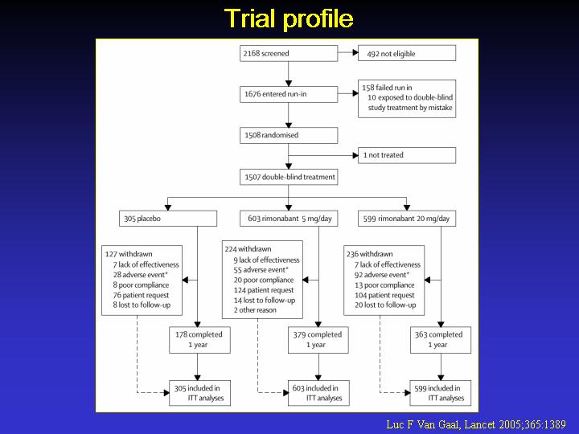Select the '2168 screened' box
point(289,53)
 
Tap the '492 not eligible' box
point(407,53)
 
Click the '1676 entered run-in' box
point(289,94)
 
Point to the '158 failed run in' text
point(387,88)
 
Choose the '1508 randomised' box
point(289,135)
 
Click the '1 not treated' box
point(407,155)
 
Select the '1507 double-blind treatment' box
point(289,177)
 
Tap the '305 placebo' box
point(168,219)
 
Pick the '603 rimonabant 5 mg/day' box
point(289,219)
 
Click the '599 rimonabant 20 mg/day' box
point(407,219)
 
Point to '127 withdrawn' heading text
point(129,254)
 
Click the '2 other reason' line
point(255,310)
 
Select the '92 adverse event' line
point(382,275)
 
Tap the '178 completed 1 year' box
point(199,340)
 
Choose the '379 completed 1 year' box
point(318,340)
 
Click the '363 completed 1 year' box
point(441,340)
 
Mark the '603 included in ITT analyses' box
point(318,393)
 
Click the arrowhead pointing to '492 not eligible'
point(355,53)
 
